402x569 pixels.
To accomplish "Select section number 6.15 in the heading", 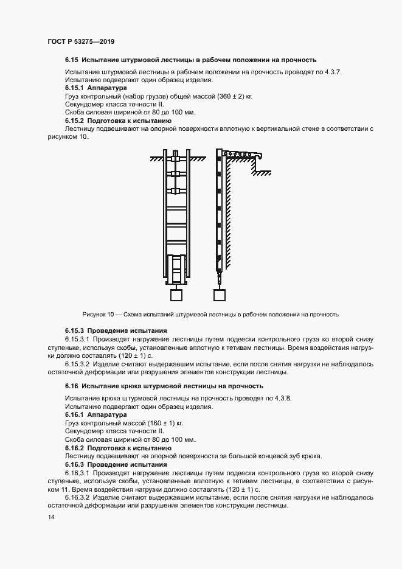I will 72,60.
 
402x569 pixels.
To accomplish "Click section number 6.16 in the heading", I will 72,386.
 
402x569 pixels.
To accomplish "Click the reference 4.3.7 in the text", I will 331,72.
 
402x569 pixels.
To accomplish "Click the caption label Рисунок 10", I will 98,315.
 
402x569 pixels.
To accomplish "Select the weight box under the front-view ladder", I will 177,295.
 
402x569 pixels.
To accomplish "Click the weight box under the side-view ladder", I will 220,295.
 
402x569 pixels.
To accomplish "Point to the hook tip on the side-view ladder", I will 261,158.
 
